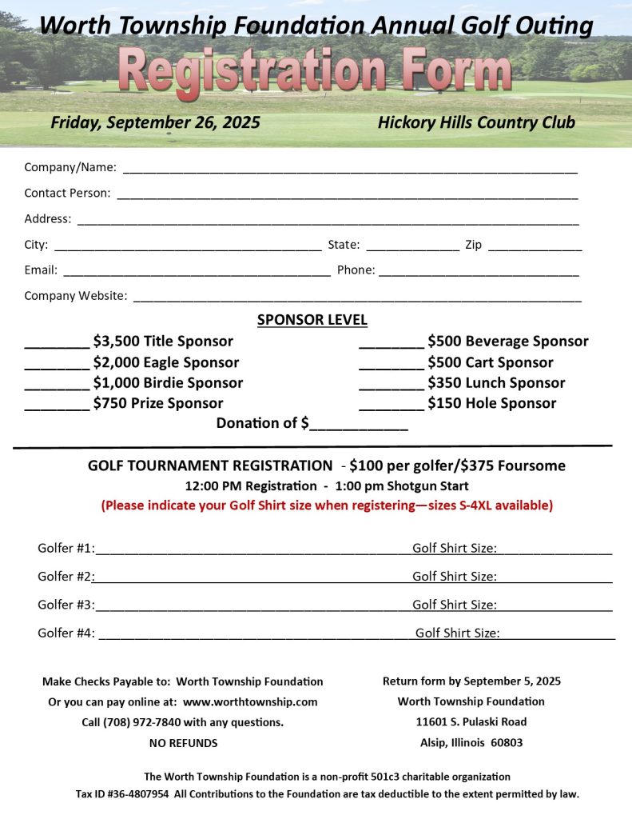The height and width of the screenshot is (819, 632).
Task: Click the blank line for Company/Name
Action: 349,170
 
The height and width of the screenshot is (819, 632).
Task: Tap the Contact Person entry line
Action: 347,195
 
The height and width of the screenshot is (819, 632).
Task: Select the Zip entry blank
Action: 535,247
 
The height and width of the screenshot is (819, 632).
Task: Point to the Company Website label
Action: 75,296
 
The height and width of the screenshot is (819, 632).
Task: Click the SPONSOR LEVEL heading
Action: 312,320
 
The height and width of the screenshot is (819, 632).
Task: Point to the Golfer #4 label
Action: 66,633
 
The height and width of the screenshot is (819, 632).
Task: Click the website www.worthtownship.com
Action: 250,702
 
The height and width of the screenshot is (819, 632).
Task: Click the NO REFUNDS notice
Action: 183,743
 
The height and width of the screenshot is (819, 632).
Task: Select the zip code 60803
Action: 506,743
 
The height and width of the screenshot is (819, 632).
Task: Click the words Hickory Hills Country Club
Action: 476,122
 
